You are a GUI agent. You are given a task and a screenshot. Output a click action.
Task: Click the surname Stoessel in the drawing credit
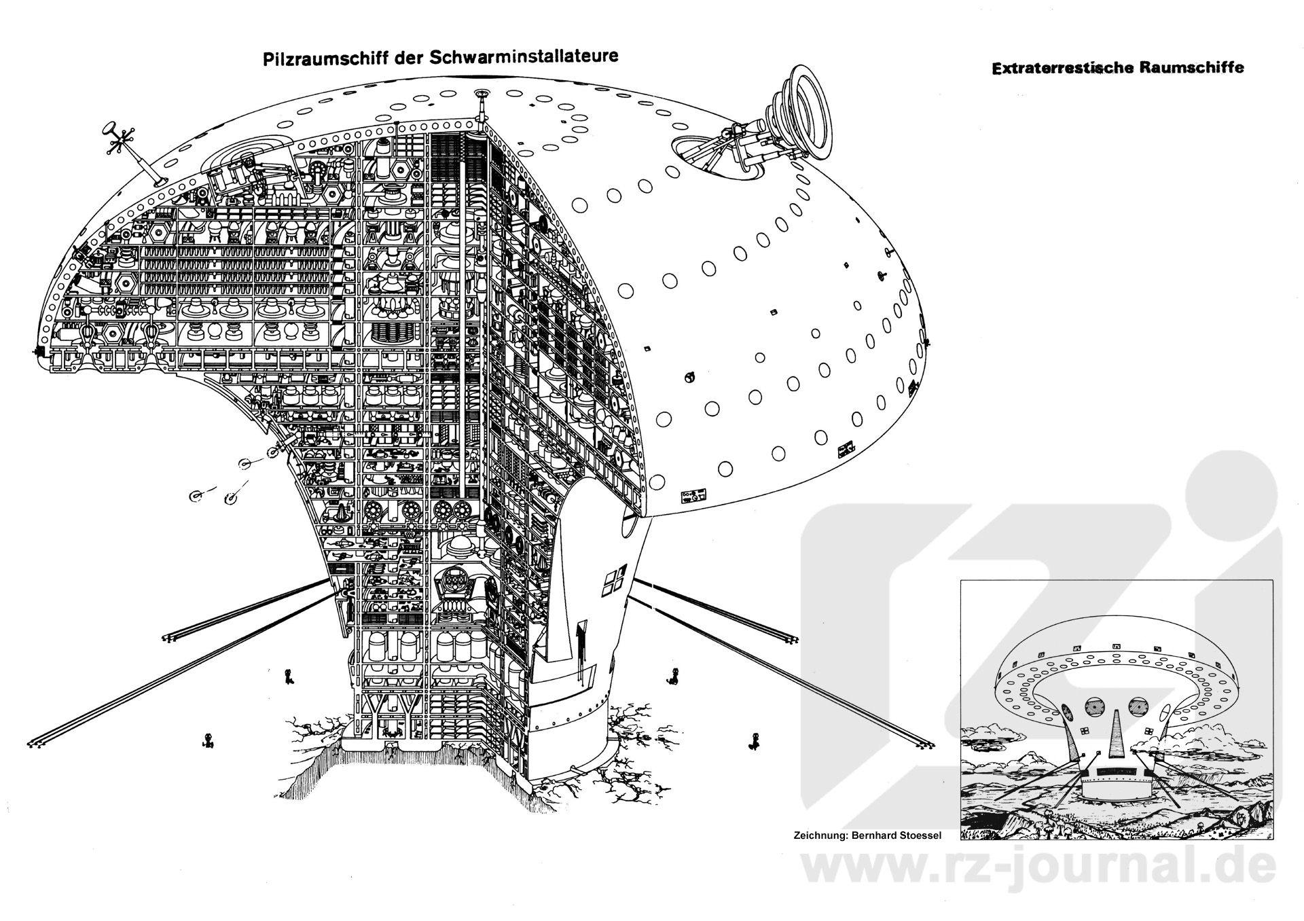click(x=918, y=835)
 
